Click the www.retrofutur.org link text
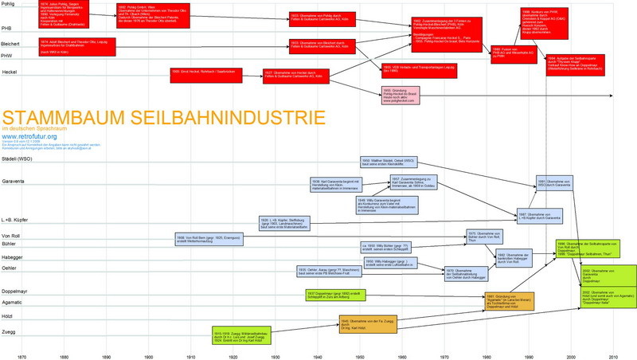pyautogui.click(x=29, y=136)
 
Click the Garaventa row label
pyautogui.click(x=14, y=181)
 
